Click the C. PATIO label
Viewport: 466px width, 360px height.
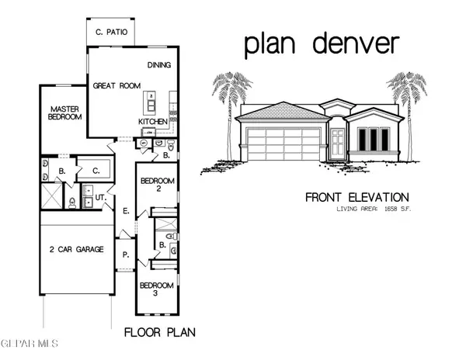pos(111,33)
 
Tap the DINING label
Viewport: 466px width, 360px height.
pos(158,67)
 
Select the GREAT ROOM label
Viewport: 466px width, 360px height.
pos(115,87)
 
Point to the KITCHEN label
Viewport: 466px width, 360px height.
pos(152,122)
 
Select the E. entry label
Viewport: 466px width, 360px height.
pos(124,210)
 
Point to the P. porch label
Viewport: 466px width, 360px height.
pos(123,254)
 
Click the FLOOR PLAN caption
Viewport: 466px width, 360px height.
pos(160,333)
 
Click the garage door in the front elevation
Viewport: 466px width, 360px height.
pos(281,145)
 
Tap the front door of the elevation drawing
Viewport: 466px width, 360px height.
pos(338,144)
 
